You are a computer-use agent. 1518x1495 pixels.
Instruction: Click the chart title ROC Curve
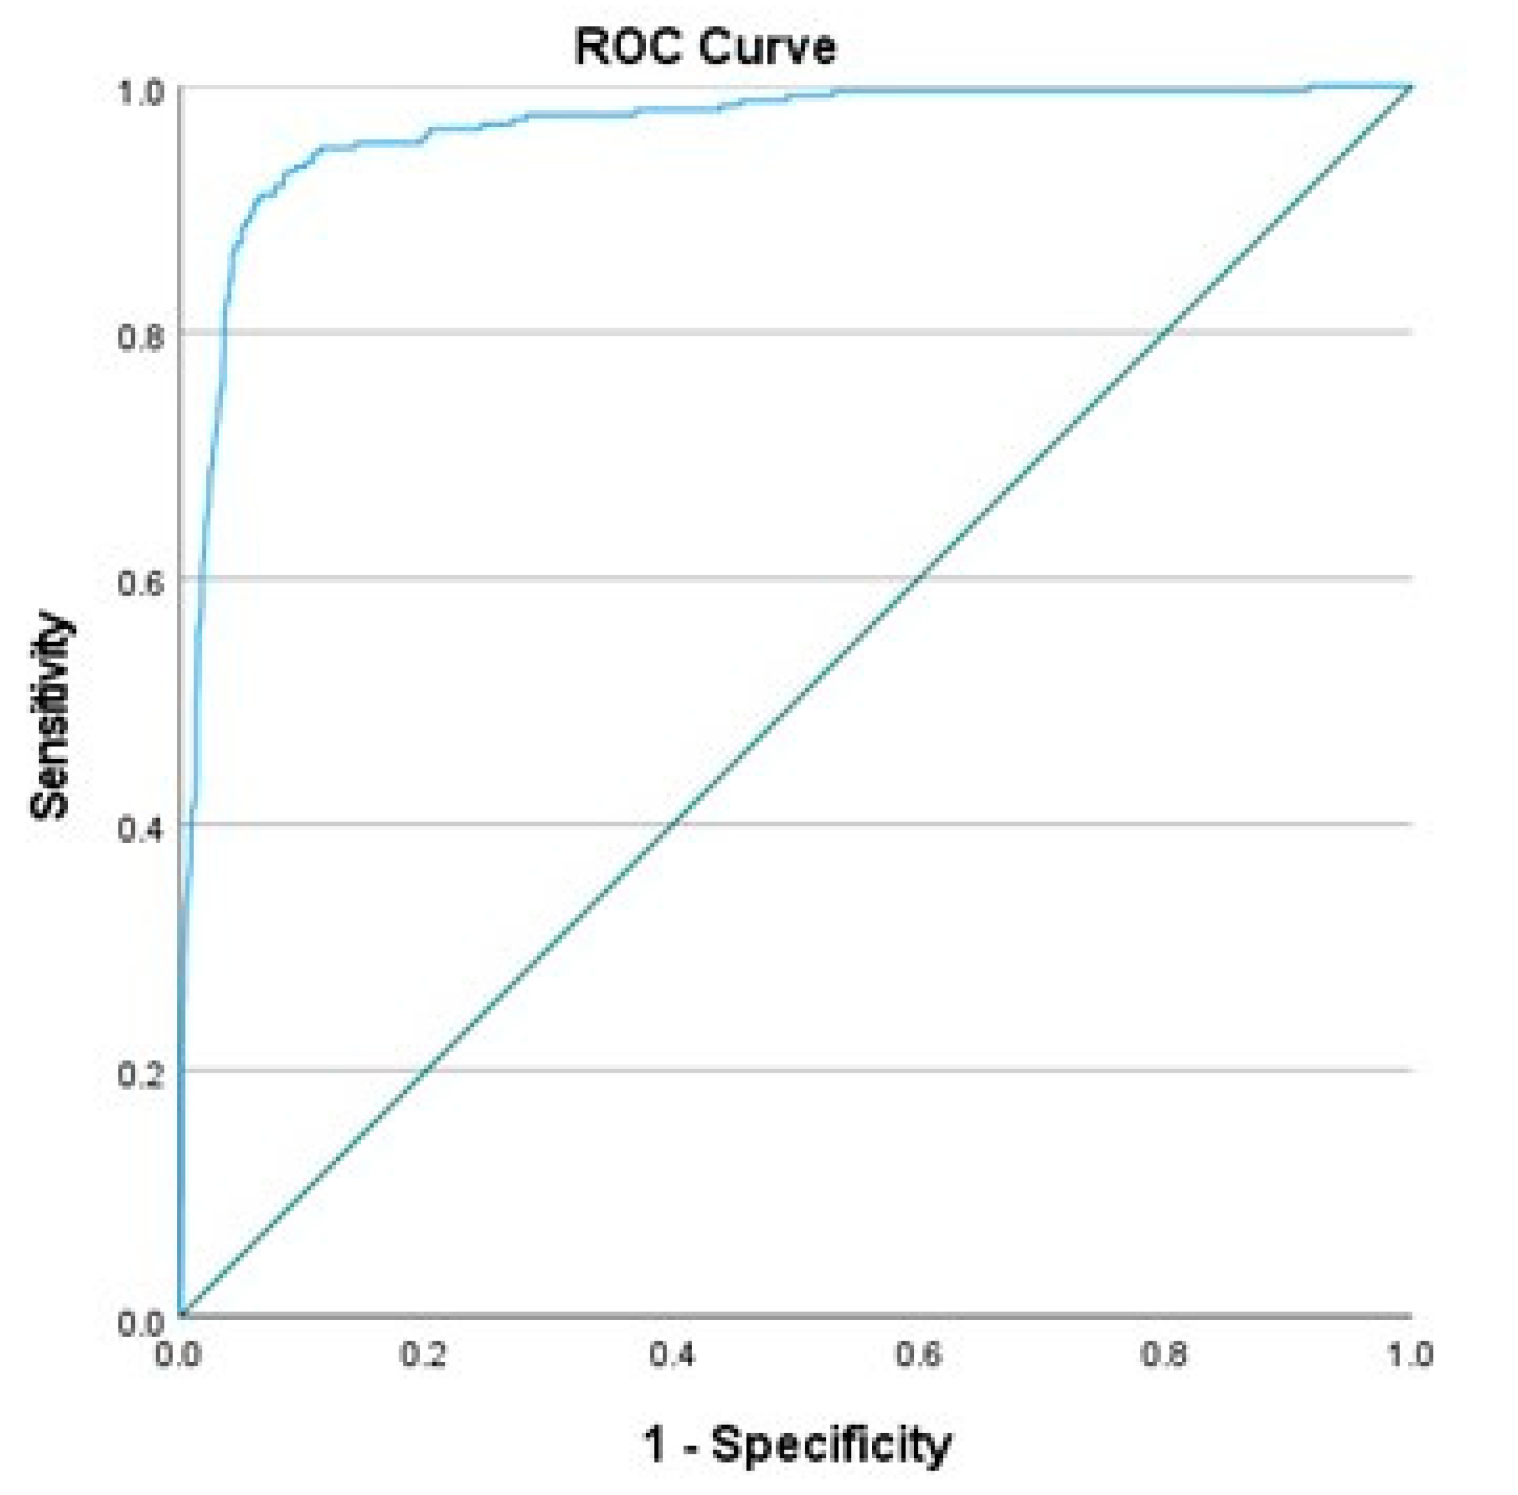point(705,47)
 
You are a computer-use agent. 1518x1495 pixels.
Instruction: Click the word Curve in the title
point(766,47)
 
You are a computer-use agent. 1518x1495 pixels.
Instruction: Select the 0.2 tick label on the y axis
point(141,1076)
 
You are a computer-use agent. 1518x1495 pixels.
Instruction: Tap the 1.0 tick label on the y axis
point(141,92)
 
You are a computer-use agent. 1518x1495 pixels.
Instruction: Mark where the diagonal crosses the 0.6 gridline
point(920,578)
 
